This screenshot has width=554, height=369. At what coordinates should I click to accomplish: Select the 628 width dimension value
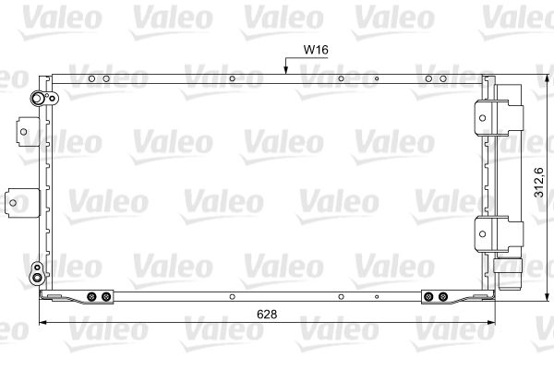266,314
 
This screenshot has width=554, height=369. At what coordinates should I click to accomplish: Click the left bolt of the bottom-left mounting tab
91,297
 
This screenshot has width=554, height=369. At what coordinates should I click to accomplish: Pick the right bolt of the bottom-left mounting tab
105,297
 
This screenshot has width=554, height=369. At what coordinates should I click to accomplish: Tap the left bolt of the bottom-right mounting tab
429,297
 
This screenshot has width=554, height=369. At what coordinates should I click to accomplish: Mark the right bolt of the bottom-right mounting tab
443,297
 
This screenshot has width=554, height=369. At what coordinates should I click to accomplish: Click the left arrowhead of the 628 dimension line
41,323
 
